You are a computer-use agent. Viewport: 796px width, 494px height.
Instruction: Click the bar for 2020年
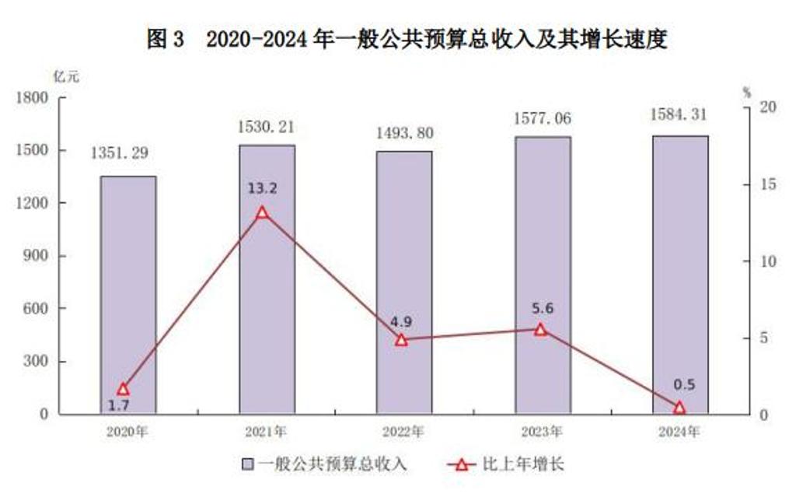(x=127, y=296)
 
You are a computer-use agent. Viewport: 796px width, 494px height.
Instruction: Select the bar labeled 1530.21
(x=267, y=280)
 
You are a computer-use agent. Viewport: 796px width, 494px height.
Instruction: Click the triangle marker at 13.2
(x=263, y=212)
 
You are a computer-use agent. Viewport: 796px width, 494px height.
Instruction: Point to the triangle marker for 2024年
(x=679, y=407)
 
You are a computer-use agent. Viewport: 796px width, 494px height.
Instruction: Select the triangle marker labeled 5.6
(x=541, y=329)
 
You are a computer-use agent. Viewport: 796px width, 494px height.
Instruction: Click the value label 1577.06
(x=542, y=118)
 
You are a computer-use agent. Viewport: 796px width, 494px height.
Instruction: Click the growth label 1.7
(x=119, y=405)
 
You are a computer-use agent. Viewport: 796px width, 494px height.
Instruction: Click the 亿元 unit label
(x=66, y=76)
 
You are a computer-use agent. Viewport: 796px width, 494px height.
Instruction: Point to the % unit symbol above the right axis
(x=746, y=93)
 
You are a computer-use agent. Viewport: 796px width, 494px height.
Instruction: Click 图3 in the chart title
(x=166, y=39)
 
